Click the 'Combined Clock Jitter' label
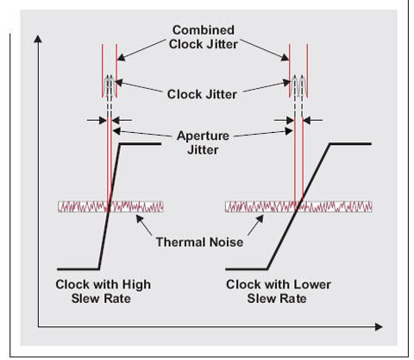(x=204, y=37)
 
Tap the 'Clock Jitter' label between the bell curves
(x=202, y=94)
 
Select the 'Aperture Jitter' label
(x=203, y=142)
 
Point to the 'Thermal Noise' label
(x=199, y=242)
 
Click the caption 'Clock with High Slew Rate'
(x=103, y=291)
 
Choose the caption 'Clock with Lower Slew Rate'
(x=279, y=291)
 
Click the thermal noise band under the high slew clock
(x=110, y=206)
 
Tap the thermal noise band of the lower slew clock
(x=298, y=206)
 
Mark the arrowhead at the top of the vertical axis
(x=38, y=39)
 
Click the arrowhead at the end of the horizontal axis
(x=379, y=327)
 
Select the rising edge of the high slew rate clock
(x=110, y=206)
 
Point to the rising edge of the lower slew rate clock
(x=298, y=206)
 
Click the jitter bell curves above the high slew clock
(x=110, y=86)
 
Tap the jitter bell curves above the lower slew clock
(x=298, y=86)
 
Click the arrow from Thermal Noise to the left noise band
(x=144, y=225)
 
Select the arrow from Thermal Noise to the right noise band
(x=255, y=225)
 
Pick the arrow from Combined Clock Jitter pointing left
(x=141, y=50)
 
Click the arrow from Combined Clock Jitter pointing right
(x=265, y=50)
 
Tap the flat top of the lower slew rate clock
(x=351, y=143)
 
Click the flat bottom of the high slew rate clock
(x=78, y=269)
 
